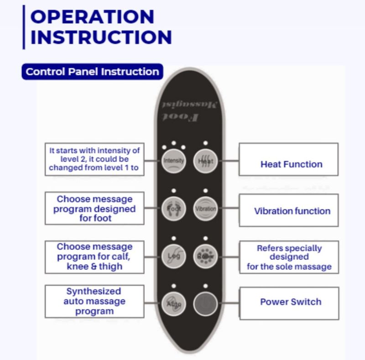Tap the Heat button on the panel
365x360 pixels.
(205, 161)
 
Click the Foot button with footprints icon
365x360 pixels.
(174, 209)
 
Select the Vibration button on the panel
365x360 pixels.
(205, 209)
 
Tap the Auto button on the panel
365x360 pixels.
(174, 303)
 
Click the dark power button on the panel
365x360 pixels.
(205, 303)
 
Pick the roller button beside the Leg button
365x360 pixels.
(205, 256)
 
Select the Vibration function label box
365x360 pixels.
(288, 210)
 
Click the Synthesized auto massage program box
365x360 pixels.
(94, 301)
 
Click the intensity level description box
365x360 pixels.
(94, 159)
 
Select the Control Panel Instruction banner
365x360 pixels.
(92, 72)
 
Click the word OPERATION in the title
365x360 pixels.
(92, 17)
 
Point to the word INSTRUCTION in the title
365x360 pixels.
(101, 37)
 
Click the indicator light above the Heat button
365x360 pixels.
(205, 143)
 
